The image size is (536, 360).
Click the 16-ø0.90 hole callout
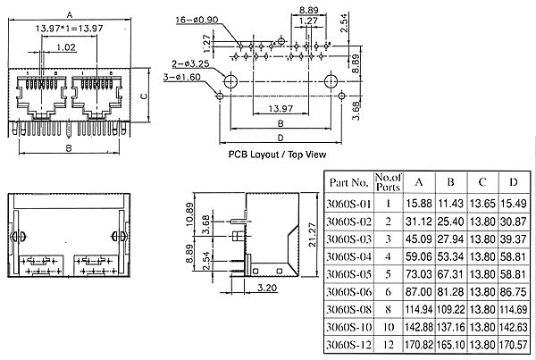tap(197, 20)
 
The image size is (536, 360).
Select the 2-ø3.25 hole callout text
tap(190, 64)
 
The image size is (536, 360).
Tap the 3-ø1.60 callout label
tap(182, 77)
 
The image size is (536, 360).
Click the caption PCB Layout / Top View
tap(277, 155)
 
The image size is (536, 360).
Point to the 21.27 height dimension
tap(312, 235)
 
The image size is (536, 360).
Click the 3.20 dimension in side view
tap(266, 288)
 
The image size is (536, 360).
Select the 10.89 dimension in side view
tap(189, 214)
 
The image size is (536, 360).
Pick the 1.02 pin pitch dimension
tap(65, 47)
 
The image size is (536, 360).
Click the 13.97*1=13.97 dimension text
tap(69, 29)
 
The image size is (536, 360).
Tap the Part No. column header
tap(349, 182)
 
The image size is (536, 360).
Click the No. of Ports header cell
tap(388, 182)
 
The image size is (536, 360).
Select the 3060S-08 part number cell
tap(348, 310)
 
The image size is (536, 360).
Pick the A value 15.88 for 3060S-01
tap(419, 204)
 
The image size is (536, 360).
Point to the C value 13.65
tap(482, 204)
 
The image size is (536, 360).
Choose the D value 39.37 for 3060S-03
tap(514, 239)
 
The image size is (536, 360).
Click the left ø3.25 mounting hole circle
tap(230, 81)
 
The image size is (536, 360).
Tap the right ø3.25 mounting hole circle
tap(331, 81)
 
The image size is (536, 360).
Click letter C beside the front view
tap(144, 96)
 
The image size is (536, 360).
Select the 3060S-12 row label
tap(348, 345)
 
